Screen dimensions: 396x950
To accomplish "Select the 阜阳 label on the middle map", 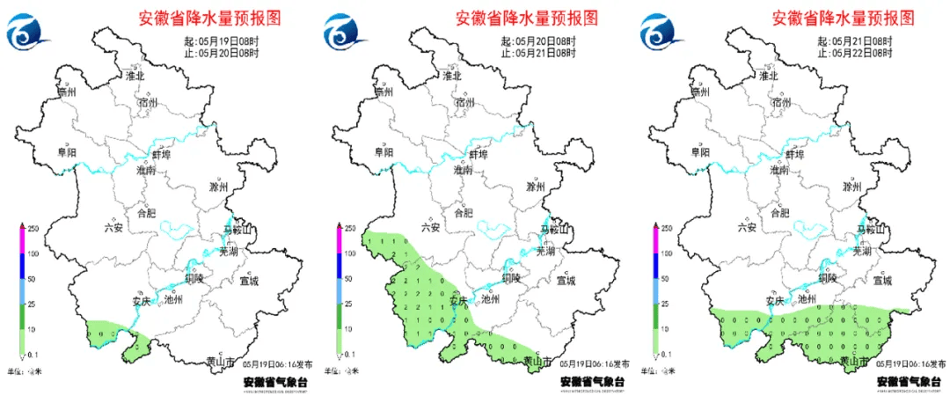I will pyautogui.click(x=384, y=152).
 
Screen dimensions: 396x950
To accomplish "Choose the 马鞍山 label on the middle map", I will pyautogui.click(x=552, y=230).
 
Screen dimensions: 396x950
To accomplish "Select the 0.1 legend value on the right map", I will pyautogui.click(x=669, y=354).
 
